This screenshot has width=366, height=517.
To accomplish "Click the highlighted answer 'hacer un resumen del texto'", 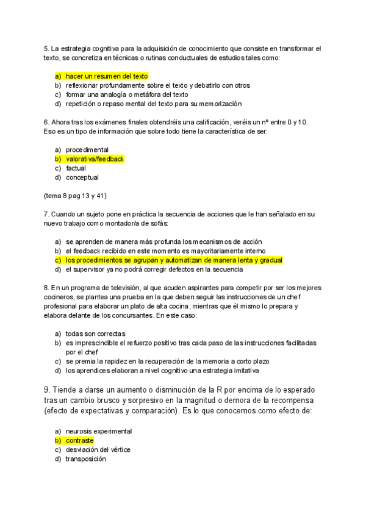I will coord(106,76).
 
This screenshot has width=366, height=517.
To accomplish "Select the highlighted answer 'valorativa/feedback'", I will coord(95,159).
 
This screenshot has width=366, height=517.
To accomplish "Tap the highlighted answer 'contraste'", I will coord(79,440).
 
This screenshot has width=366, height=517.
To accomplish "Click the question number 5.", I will coord(46,48).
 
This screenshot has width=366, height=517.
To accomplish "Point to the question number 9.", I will coord(47,390).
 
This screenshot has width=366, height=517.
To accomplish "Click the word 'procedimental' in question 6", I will coord(87,150).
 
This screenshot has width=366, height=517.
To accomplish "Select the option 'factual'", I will coord(76,168).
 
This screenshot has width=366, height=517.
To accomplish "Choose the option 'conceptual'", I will coord(82,178).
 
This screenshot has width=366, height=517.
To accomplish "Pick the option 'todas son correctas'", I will coord(95,333).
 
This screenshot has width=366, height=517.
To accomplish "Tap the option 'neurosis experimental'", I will coord(98,431).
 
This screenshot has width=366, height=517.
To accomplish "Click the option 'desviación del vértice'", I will coord(98,449).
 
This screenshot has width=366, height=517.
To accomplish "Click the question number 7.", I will coord(46,214).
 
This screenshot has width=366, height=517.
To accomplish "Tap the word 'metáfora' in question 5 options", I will coord(143,95).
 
